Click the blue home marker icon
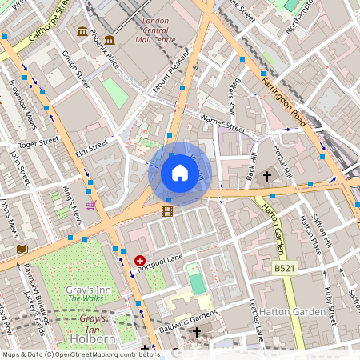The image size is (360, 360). [180, 173]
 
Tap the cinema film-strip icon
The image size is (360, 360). [166, 211]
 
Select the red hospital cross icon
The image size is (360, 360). [140, 261]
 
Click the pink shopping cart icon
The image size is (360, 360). [91, 205]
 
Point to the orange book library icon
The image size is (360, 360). [22, 249]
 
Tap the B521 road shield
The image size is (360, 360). [282, 269]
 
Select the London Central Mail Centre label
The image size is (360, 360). [161, 30]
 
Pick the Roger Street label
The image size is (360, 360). [38, 144]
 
